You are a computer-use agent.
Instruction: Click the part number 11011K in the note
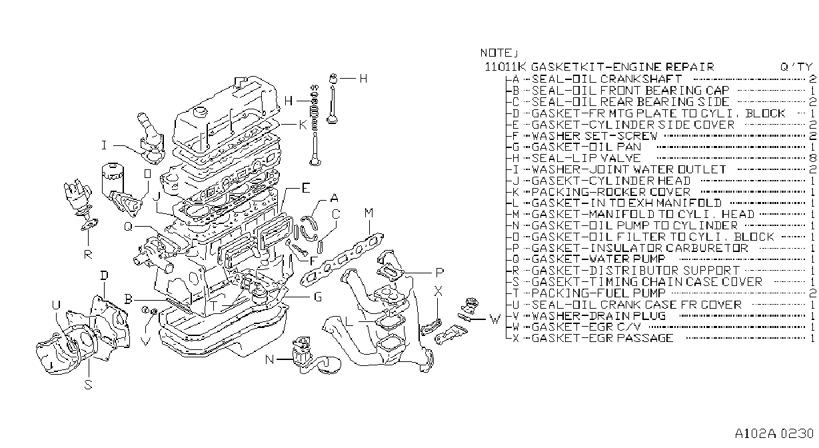[505, 67]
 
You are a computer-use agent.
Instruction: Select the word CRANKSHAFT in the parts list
[641, 79]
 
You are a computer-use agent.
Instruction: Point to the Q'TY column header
[796, 67]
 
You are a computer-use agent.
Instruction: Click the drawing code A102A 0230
[774, 433]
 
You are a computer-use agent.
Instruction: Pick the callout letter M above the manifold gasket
[369, 213]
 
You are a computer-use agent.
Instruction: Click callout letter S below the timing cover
[88, 385]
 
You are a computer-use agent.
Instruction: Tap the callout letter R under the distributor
[88, 254]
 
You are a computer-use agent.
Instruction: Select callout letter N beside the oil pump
[269, 359]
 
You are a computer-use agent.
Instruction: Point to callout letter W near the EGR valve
[494, 319]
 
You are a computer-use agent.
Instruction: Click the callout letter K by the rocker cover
[303, 125]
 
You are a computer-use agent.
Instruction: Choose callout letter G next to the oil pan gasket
[318, 297]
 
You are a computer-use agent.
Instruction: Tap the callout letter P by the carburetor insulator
[439, 273]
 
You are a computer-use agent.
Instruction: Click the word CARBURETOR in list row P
[706, 248]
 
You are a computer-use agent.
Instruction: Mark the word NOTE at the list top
[496, 53]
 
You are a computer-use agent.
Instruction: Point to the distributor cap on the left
[77, 195]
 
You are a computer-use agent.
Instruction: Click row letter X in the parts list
[516, 338]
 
